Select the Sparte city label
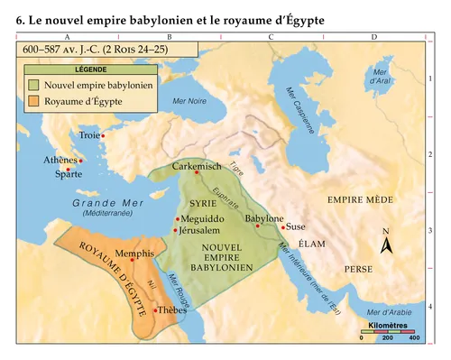pos(62,173)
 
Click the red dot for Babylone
pos(258,226)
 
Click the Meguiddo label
pos(203,219)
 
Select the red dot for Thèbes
pos(155,310)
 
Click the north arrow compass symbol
pos(385,245)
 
